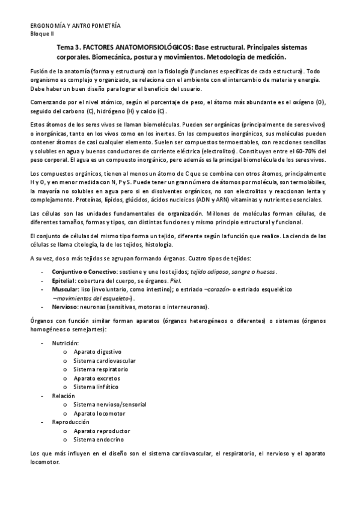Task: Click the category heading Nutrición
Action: [65, 342]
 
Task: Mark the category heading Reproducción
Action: [70, 422]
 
